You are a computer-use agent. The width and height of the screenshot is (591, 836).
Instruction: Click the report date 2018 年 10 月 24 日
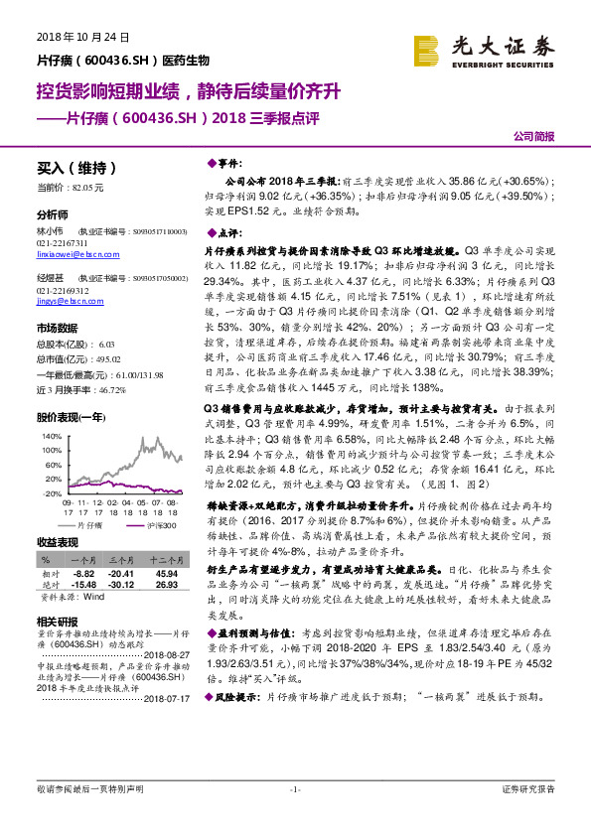click(83, 38)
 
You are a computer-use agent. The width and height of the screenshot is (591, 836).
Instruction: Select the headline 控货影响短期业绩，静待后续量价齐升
click(189, 92)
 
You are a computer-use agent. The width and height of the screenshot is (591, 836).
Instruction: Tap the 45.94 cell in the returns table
click(166, 573)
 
